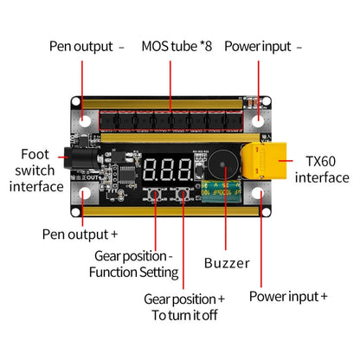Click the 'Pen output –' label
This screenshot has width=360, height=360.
click(x=87, y=46)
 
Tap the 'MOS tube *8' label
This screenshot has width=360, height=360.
click(x=177, y=46)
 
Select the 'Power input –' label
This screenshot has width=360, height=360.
click(x=263, y=46)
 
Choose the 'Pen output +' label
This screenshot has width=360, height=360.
click(x=80, y=234)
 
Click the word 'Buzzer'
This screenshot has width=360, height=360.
click(x=226, y=263)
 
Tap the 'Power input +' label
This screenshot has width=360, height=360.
click(x=288, y=296)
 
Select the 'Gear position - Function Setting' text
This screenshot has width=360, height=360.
click(x=134, y=264)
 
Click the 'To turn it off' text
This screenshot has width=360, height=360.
click(x=185, y=315)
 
